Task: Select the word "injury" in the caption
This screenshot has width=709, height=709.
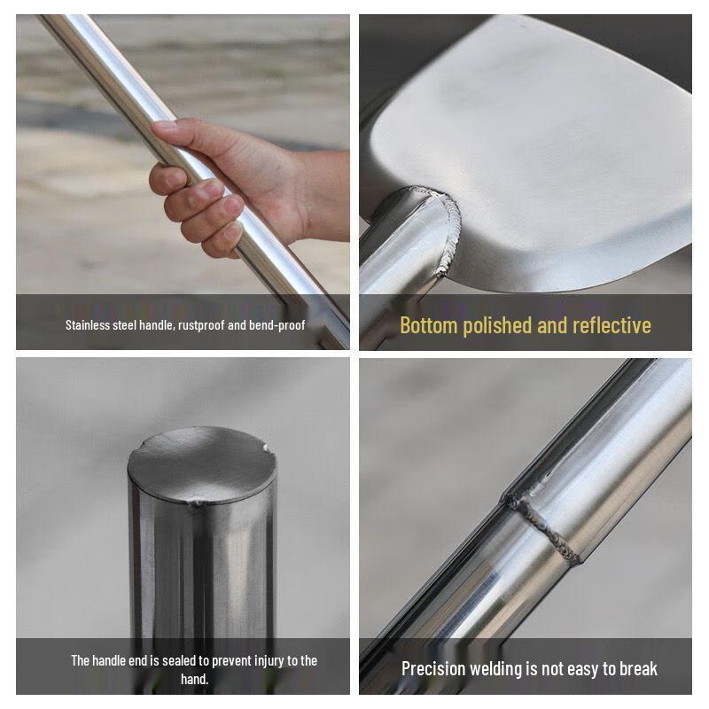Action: (261, 660)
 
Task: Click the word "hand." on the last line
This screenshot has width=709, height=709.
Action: (194, 679)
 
